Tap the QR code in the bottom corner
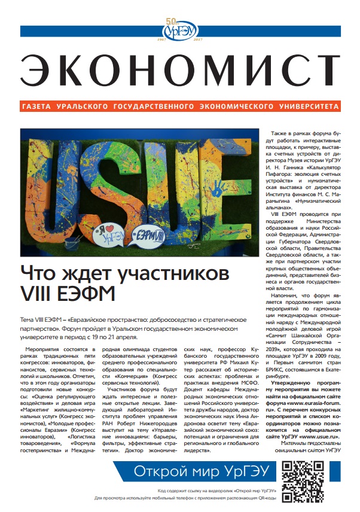[324, 479]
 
